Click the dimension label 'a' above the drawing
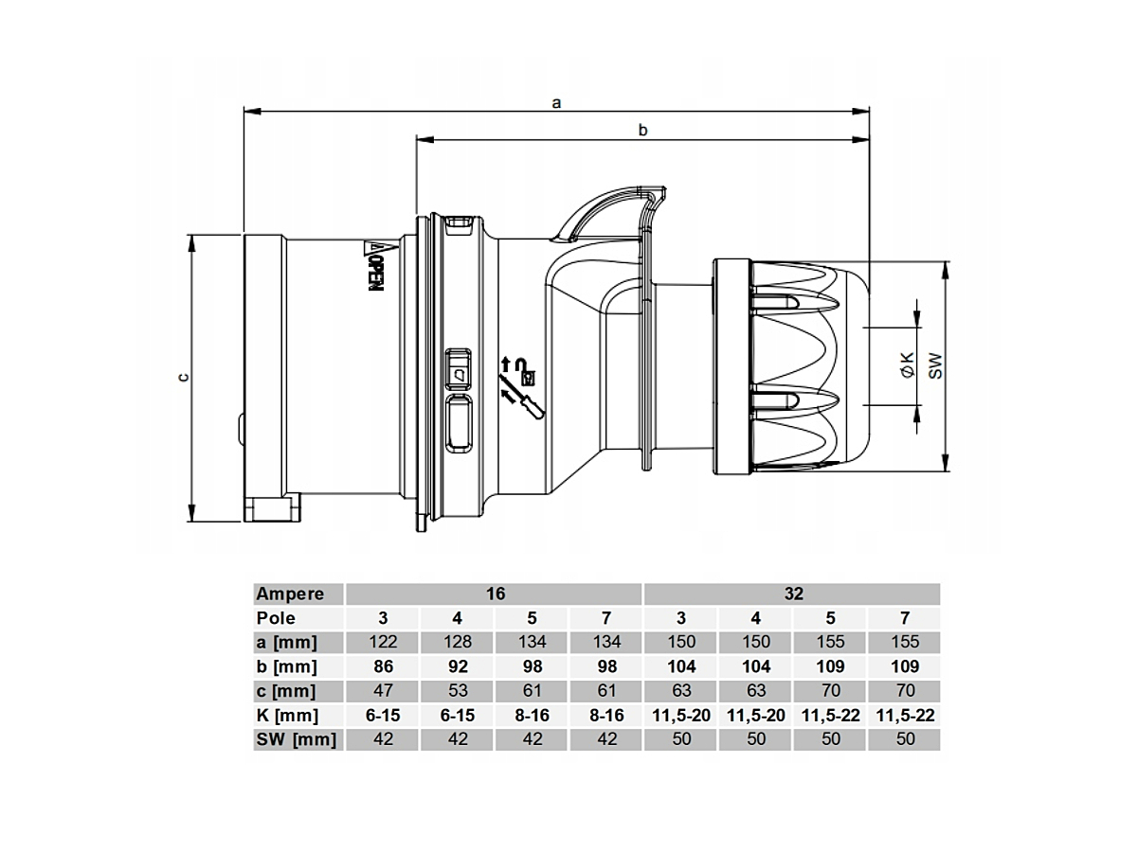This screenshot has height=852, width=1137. coord(556,103)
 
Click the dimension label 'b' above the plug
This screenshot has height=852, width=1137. coord(642,130)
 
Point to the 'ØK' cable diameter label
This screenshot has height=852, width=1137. coord(908,365)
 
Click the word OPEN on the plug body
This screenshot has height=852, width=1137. coord(376,275)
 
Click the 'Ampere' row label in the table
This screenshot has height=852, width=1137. coord(290,594)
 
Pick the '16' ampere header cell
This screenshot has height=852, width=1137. coord(496,594)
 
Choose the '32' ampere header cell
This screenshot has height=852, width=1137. coord(793,594)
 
